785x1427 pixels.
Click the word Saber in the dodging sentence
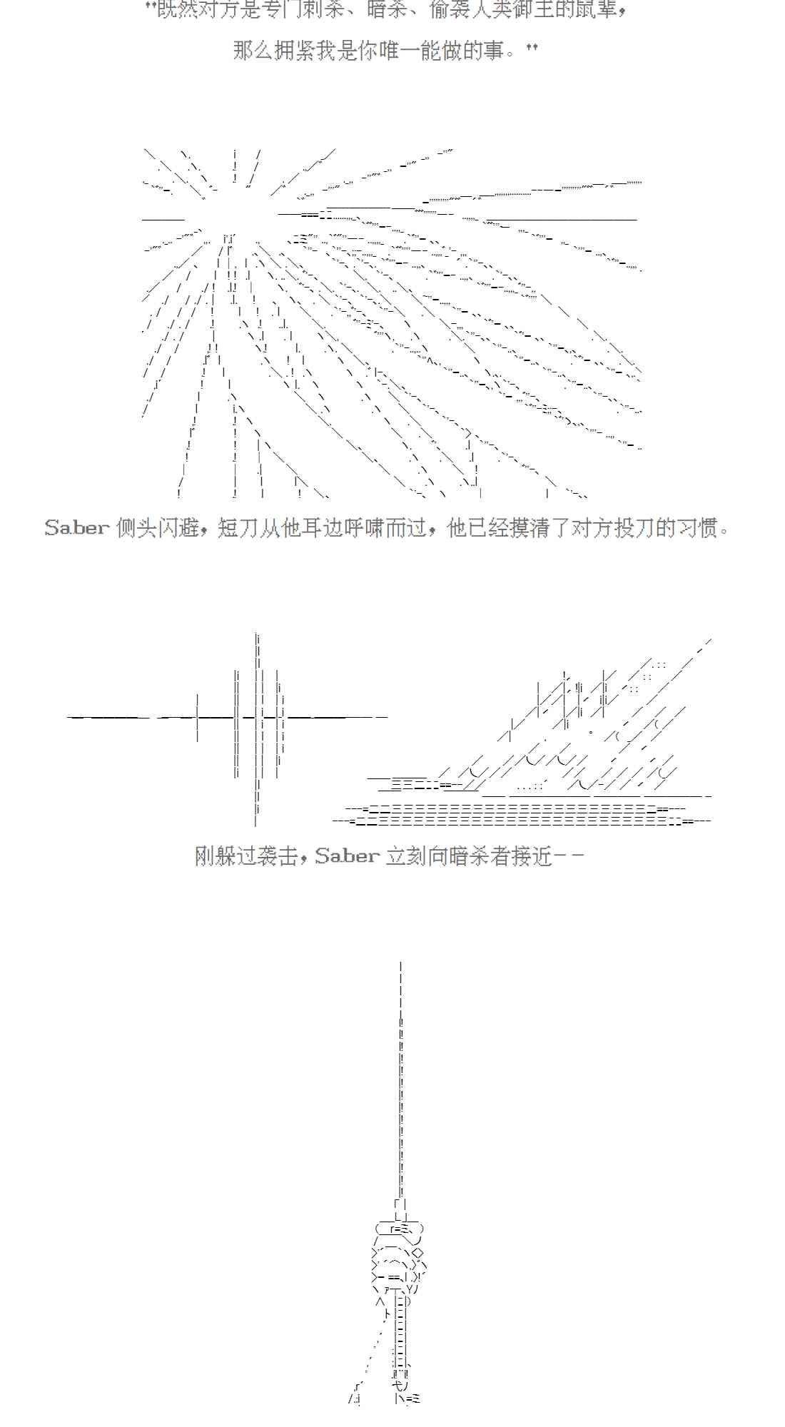coord(77,528)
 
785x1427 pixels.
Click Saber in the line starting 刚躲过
coord(347,855)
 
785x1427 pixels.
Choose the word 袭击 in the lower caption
coord(278,855)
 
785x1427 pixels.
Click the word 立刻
coord(406,855)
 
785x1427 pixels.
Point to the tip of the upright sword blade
coord(401,965)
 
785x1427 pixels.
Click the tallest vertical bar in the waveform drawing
coord(257,728)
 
